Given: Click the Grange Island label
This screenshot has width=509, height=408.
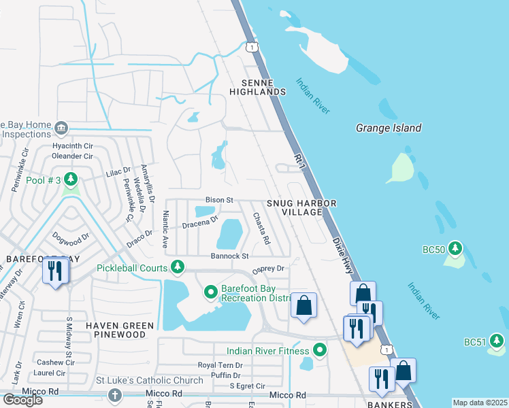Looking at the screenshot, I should pyautogui.click(x=389, y=128).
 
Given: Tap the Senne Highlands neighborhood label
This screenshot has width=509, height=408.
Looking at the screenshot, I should pyautogui.click(x=257, y=86).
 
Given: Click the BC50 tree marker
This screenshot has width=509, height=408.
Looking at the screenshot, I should pyautogui.click(x=455, y=250).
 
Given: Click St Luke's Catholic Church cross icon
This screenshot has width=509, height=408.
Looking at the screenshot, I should pyautogui.click(x=115, y=395).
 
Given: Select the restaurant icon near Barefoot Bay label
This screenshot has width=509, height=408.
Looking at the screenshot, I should pyautogui.click(x=54, y=272).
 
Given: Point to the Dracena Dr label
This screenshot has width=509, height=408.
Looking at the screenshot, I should pyautogui.click(x=199, y=222).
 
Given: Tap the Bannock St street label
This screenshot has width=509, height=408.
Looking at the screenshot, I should pyautogui.click(x=230, y=256).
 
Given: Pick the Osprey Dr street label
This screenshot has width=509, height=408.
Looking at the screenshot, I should pyautogui.click(x=268, y=269).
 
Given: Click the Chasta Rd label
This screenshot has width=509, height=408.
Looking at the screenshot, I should pyautogui.click(x=262, y=228).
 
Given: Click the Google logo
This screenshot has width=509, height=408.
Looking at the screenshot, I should pyautogui.click(x=22, y=400).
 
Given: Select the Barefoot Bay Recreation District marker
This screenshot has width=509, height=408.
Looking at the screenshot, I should pyautogui.click(x=211, y=292).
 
